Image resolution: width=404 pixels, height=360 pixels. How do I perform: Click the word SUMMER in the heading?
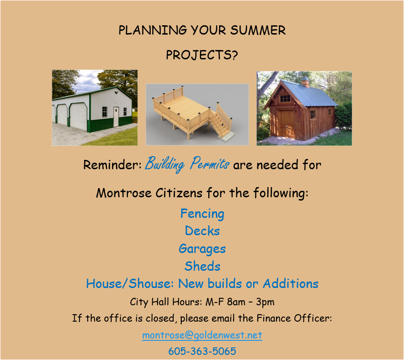click(258, 30)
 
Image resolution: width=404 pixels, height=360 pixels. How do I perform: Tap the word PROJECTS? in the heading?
click(202, 55)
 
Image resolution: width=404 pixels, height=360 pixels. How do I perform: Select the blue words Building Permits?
click(187, 164)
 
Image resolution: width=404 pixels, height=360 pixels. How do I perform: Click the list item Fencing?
click(202, 214)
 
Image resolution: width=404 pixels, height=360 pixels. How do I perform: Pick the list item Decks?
click(202, 231)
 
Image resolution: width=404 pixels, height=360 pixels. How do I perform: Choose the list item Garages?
click(202, 249)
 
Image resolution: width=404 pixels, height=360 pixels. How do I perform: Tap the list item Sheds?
click(202, 266)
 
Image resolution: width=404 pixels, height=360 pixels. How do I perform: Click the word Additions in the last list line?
click(291, 284)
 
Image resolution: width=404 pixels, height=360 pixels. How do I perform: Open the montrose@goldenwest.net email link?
click(202, 335)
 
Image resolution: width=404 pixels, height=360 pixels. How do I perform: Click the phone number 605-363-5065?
click(202, 351)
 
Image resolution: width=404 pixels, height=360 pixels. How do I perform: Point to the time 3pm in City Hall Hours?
click(265, 302)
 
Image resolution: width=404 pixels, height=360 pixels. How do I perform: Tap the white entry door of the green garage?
click(116, 116)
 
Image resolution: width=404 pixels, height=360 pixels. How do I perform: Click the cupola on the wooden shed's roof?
click(305, 81)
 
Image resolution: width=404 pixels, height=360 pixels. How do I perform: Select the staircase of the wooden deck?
click(220, 122)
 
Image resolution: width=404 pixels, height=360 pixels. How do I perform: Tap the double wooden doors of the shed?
click(286, 124)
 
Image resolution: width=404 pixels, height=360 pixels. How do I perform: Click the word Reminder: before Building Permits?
click(113, 165)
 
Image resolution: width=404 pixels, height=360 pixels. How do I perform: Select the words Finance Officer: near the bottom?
click(294, 318)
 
